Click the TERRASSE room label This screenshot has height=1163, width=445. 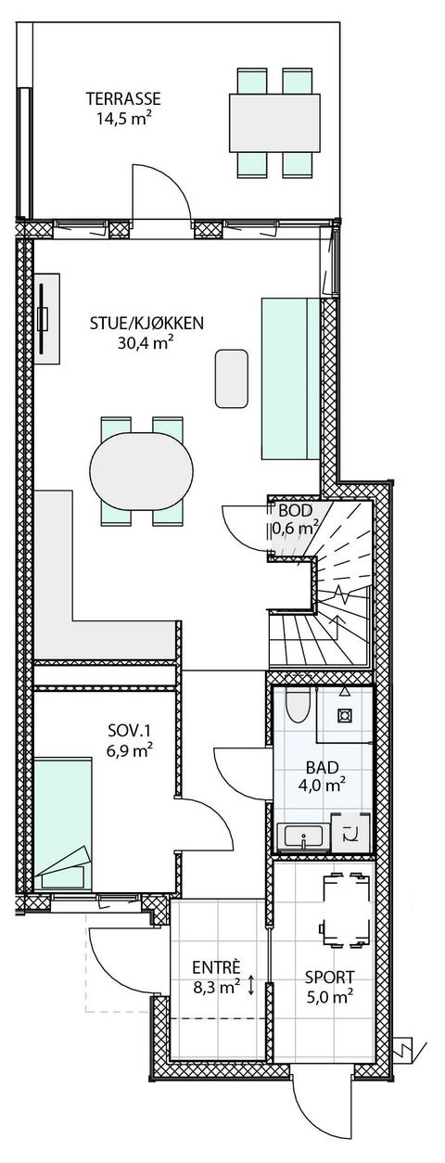[123, 98]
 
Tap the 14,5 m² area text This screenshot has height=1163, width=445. [123, 119]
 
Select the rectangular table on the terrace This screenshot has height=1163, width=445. [274, 122]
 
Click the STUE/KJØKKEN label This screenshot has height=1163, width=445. [147, 324]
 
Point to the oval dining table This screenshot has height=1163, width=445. [141, 471]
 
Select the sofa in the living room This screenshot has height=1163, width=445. [290, 378]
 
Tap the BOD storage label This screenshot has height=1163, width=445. [295, 511]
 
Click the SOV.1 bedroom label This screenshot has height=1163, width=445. [129, 731]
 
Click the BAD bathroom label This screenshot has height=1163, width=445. [322, 766]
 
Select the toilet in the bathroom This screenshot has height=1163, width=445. [298, 705]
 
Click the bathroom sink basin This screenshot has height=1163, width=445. [303, 837]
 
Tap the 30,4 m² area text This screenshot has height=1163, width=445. [146, 344]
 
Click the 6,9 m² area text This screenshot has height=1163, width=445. [129, 751]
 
